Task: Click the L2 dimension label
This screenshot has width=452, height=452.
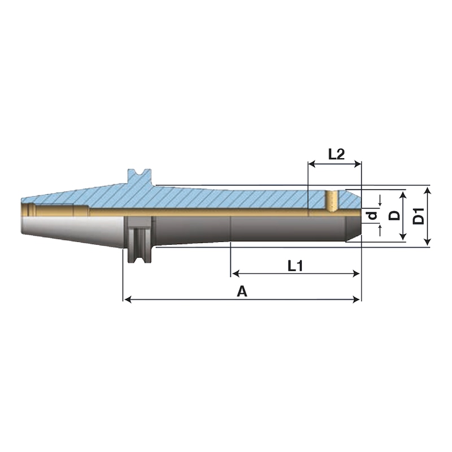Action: pyautogui.click(x=336, y=154)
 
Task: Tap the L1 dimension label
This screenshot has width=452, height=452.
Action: pyautogui.click(x=295, y=266)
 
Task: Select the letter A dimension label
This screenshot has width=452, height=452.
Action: pyautogui.click(x=242, y=292)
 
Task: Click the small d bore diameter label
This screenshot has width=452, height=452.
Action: pyautogui.click(x=373, y=215)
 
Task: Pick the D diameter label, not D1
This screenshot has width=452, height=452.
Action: pyautogui.click(x=394, y=215)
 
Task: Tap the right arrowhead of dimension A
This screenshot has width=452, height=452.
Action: pyautogui.click(x=357, y=299)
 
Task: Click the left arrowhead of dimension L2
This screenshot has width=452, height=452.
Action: pyautogui.click(x=312, y=164)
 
